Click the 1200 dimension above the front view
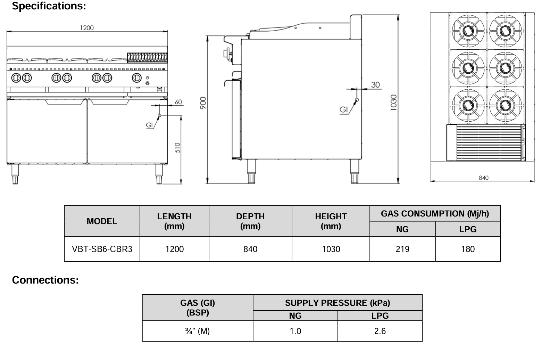pyautogui.click(x=87, y=28)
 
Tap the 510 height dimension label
pyautogui.click(x=177, y=148)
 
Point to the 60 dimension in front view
pyautogui.click(x=178, y=102)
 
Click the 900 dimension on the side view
pyautogui.click(x=203, y=103)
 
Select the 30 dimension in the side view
pyautogui.click(x=375, y=84)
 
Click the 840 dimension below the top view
pyautogui.click(x=483, y=178)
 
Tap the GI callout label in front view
pyautogui.click(x=150, y=125)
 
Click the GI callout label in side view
pyautogui.click(x=343, y=110)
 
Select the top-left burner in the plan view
pyautogui.click(x=468, y=31)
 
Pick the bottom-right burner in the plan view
pyautogui.click(x=505, y=104)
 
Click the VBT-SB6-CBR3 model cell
pyautogui.click(x=102, y=249)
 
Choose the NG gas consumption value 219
pyautogui.click(x=402, y=249)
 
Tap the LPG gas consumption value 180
pyautogui.click(x=468, y=249)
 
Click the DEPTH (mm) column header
pyautogui.click(x=250, y=221)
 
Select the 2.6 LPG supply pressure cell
pyautogui.click(x=380, y=331)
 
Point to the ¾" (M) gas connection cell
pyautogui.click(x=198, y=331)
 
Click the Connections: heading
pyautogui.click(x=45, y=280)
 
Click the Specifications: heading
pyautogui.click(x=49, y=6)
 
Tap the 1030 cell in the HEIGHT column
pyautogui.click(x=331, y=249)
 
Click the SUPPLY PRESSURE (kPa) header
pyautogui.click(x=337, y=303)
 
